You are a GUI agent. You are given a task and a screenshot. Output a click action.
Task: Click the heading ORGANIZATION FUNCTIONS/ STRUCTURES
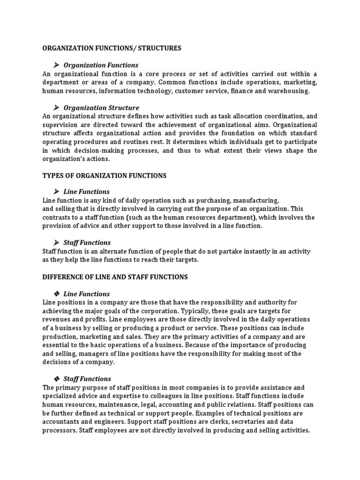112,48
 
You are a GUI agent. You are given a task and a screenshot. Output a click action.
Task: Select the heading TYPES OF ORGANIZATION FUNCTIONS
104,176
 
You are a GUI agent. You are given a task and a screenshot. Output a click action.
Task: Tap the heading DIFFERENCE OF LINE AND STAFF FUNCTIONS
115,277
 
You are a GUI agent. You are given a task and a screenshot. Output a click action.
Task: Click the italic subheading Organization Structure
101,108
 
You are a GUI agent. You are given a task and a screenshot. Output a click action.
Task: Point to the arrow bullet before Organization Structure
56,108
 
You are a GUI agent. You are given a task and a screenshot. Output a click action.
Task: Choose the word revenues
57,319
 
